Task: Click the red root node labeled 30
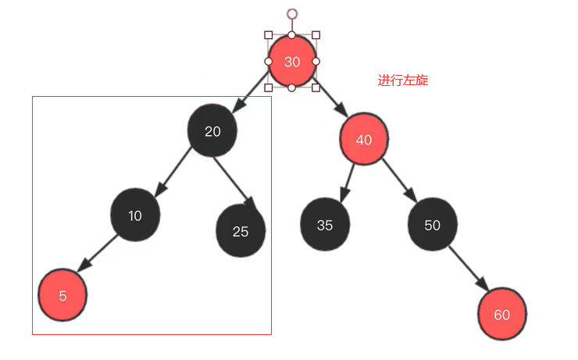292,62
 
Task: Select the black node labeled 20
212,131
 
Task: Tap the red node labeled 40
364,140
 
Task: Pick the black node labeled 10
135,216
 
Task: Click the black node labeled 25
241,231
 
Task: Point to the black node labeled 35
325,225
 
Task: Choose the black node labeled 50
432,225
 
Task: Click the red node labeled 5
62,296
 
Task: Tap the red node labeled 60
502,315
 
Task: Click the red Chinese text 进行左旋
403,80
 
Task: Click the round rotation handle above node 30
292,14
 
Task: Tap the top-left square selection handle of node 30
269,35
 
